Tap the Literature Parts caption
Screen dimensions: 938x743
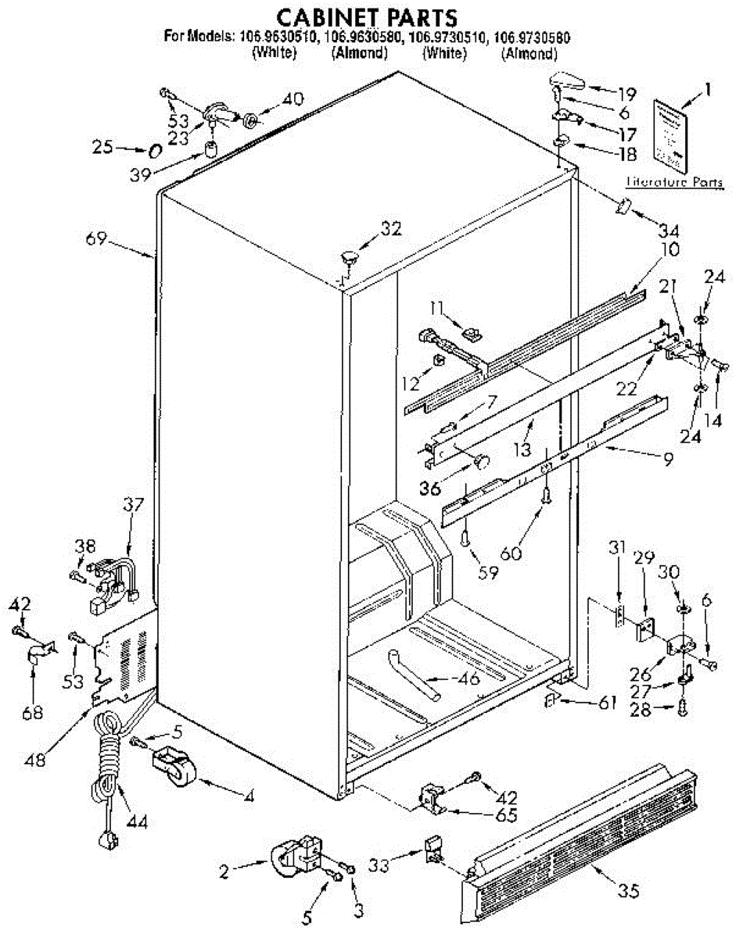pos(675,183)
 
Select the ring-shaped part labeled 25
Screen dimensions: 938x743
pos(155,149)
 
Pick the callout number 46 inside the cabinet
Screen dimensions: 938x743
pos(468,678)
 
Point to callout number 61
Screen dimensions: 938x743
pos(607,701)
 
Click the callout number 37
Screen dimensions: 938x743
pos(133,505)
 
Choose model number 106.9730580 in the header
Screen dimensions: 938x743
pos(530,36)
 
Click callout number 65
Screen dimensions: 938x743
pos(507,815)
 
